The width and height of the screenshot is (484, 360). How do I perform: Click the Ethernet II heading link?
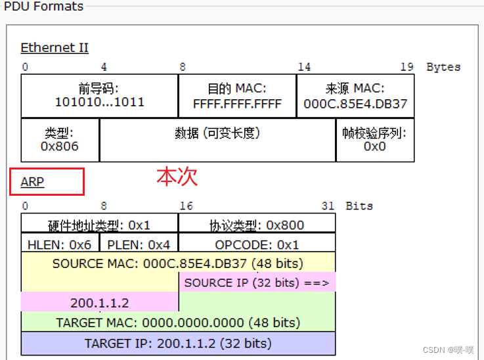(x=55, y=48)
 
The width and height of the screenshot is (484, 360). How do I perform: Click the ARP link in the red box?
(x=32, y=182)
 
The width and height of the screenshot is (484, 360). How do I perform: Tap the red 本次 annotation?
(x=177, y=176)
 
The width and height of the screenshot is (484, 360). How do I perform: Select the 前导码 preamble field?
(x=99, y=96)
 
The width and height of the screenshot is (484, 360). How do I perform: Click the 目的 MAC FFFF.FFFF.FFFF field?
(x=237, y=96)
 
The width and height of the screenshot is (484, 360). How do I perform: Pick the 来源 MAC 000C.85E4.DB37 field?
(x=355, y=96)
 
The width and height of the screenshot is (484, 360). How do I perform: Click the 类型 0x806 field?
(x=60, y=139)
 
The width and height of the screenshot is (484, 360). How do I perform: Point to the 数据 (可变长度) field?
(x=217, y=133)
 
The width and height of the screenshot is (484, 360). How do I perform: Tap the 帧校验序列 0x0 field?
(x=374, y=139)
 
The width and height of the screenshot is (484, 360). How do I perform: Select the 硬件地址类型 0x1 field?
(x=99, y=225)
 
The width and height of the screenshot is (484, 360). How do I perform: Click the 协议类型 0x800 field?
(x=257, y=225)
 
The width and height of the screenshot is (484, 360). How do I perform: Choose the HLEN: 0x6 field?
(x=60, y=244)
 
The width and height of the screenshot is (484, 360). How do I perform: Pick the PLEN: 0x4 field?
(x=139, y=244)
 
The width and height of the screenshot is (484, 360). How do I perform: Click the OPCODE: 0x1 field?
(x=257, y=244)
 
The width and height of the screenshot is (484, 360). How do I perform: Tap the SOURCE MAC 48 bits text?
(x=178, y=263)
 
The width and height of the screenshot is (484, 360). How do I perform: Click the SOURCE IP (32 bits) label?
(x=257, y=282)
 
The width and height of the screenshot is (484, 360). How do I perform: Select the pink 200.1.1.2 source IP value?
(x=99, y=302)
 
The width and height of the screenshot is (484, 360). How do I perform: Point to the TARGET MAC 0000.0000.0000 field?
(x=178, y=323)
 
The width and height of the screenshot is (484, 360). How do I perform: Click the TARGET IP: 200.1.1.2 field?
(x=178, y=343)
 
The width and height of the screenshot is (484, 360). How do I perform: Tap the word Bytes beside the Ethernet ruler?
(x=443, y=67)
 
